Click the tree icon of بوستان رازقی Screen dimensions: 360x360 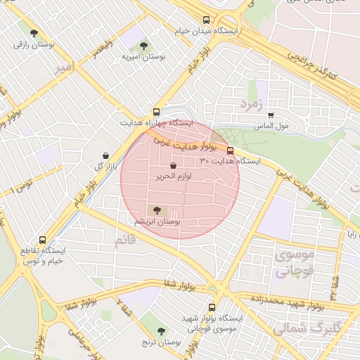pos(34,32)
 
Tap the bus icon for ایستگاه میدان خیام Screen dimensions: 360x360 pos(206,20)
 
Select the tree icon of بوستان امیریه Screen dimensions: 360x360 pos(143,46)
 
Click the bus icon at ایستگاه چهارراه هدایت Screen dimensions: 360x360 pos(156,111)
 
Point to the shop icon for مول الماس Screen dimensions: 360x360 pos(271,115)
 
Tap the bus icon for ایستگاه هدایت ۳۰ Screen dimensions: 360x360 pos(230,150)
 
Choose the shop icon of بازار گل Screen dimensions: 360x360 pos(105,155)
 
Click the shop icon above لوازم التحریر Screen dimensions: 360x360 pos(174,166)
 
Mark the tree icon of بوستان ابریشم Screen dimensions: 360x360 pos(156,210)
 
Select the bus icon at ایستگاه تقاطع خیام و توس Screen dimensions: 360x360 pos(43,240)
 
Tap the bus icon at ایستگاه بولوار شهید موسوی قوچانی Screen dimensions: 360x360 pos(212,307)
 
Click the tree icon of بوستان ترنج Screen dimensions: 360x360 pos(162,330)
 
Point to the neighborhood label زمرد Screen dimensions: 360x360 pos(250,105)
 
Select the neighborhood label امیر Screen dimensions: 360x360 pos(64,67)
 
